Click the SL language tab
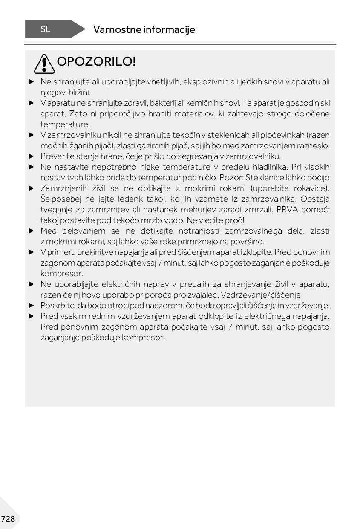[x=45, y=29]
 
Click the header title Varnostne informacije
[x=144, y=29]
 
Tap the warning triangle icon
[x=43, y=64]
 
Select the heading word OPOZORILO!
[x=96, y=62]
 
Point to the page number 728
[x=8, y=519]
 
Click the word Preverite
[x=57, y=156]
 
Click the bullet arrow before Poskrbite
[x=31, y=306]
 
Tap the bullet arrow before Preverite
[x=31, y=156]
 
